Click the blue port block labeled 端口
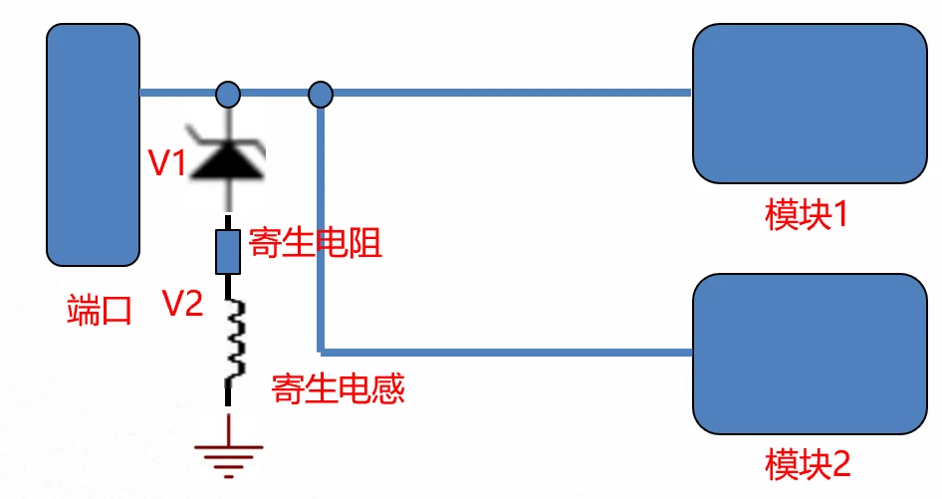(x=93, y=144)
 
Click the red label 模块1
(x=806, y=214)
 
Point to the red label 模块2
(x=806, y=463)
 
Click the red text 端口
(x=99, y=310)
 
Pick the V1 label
(x=167, y=164)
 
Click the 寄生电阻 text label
(x=316, y=243)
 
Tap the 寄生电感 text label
(x=339, y=387)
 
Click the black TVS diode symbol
(x=228, y=157)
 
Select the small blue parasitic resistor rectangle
(x=228, y=251)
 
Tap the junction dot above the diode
(x=228, y=95)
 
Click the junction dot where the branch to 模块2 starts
(x=320, y=95)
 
